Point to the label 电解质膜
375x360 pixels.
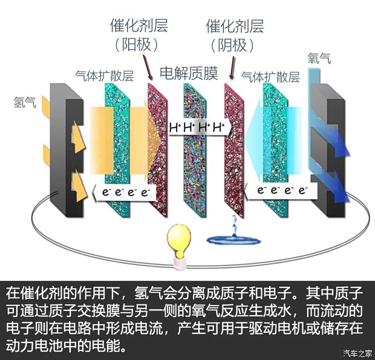click(188, 74)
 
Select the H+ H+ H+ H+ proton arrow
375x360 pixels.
click(197, 128)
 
